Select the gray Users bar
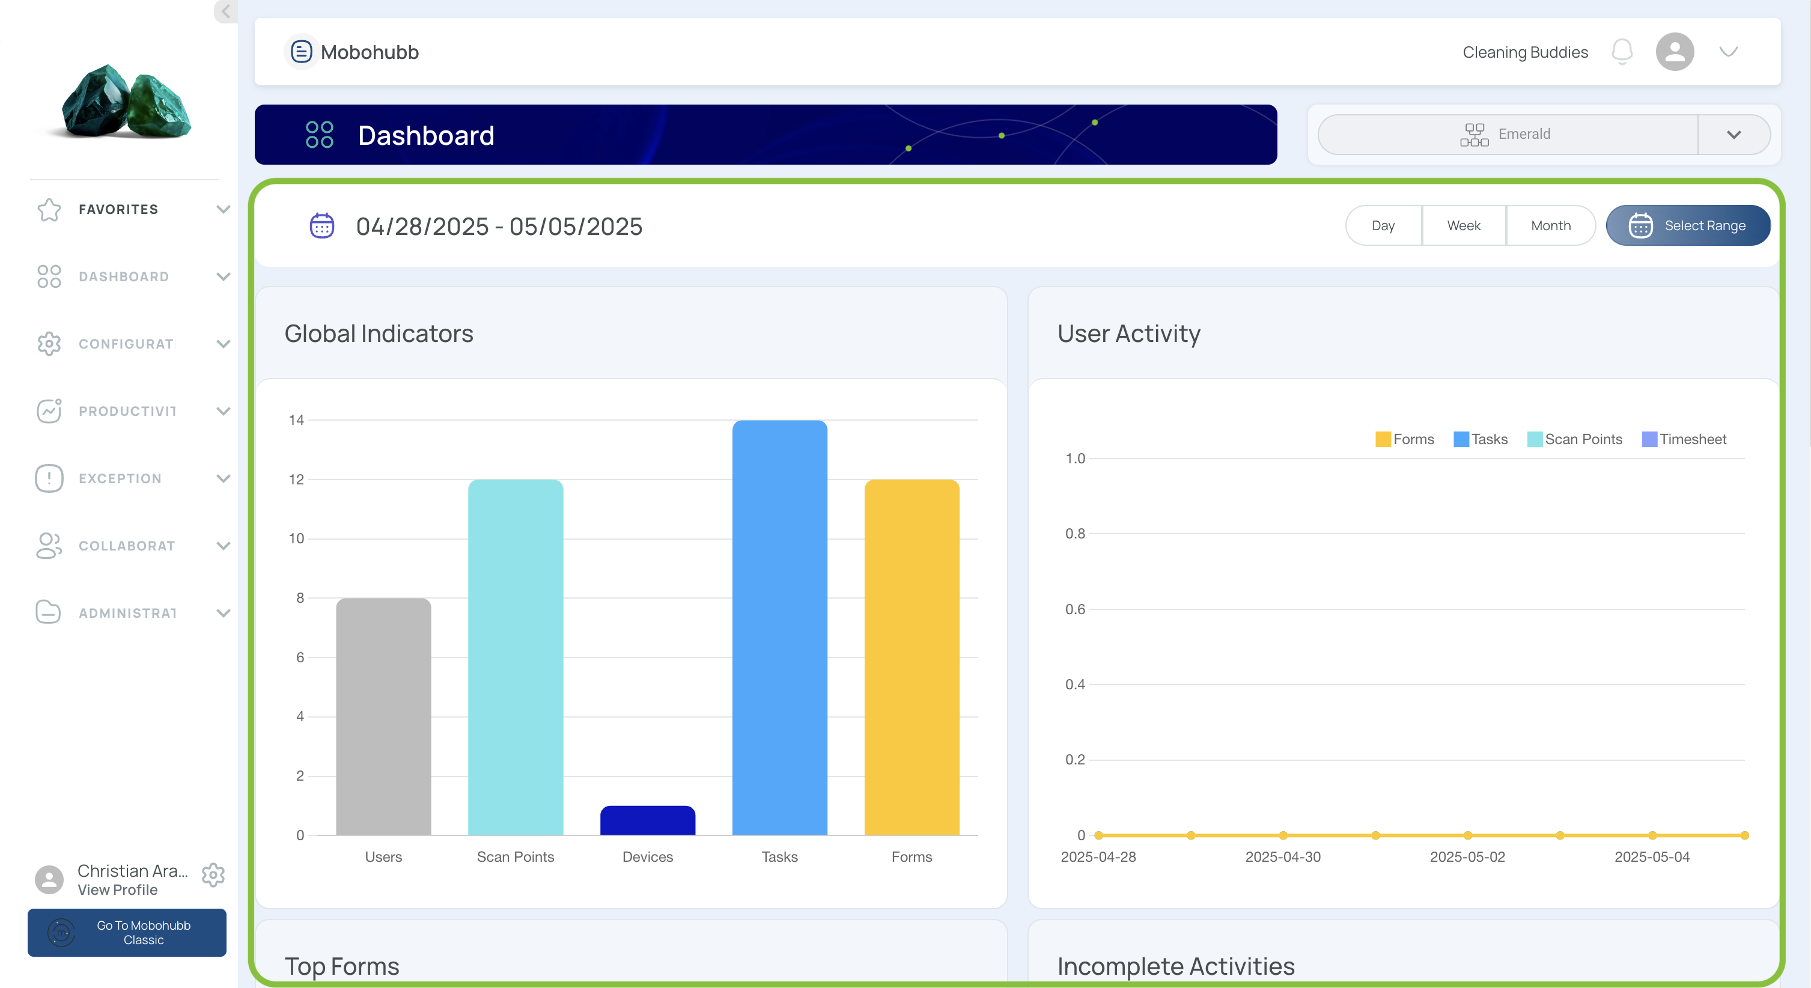click(383, 716)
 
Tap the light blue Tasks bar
click(780, 627)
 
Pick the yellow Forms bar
click(912, 657)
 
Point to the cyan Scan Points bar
click(516, 657)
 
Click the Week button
click(1464, 226)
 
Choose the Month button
click(1551, 226)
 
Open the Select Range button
click(1688, 226)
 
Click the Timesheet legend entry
click(1684, 439)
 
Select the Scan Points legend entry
click(1575, 439)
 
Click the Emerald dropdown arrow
click(1733, 134)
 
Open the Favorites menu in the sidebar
click(133, 210)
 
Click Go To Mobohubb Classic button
click(127, 933)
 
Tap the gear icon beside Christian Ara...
click(213, 875)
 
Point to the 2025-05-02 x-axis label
click(1467, 857)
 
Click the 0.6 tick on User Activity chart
click(1075, 609)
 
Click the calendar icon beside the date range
click(322, 226)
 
